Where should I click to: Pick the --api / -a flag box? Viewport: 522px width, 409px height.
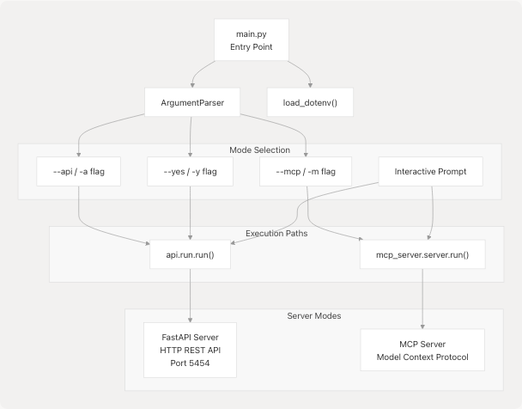tap(79, 171)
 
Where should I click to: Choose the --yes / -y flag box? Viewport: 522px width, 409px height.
tap(189, 171)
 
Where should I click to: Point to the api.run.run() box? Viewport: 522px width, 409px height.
tap(189, 253)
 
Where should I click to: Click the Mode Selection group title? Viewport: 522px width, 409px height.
tap(261, 150)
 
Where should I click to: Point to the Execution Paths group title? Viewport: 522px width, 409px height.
tap(276, 233)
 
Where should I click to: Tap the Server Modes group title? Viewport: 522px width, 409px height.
tap(314, 316)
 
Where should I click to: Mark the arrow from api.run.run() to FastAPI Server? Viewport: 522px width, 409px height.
tap(189, 296)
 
